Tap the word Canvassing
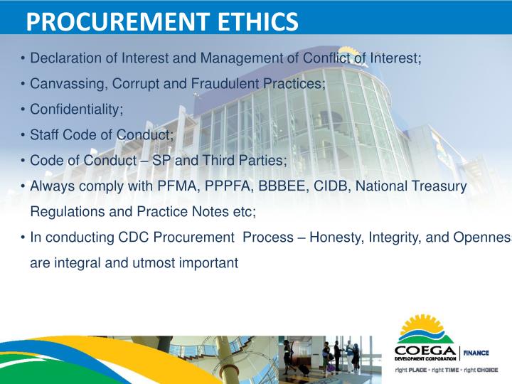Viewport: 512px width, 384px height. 63,84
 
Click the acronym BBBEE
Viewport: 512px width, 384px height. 277,186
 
